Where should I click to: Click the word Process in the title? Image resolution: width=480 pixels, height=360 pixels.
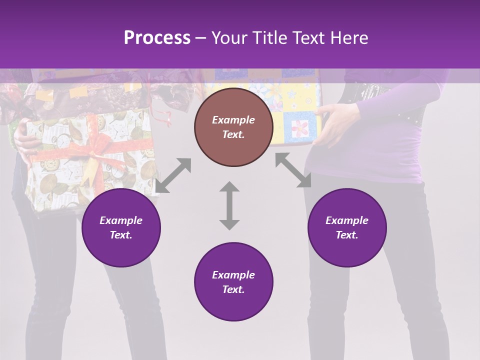point(157,38)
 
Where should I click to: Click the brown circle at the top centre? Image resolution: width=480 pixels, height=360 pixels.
point(233,127)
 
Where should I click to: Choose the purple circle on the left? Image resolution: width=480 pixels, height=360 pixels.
point(121,227)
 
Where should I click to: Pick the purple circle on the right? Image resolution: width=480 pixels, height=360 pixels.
point(347,227)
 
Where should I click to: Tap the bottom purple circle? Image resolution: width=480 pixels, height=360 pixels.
point(233,282)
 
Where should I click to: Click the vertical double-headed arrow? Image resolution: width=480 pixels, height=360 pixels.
point(229,206)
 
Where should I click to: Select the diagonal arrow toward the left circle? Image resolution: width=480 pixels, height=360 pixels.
point(173,175)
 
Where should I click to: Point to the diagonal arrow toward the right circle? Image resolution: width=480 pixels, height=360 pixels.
point(293,170)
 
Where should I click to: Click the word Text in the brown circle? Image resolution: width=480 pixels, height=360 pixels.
point(233,134)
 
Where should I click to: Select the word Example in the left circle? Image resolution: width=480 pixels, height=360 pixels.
point(121,220)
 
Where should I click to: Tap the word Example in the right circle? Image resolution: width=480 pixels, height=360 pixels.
point(347,220)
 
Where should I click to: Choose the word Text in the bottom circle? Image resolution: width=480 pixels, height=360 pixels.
point(233,289)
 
